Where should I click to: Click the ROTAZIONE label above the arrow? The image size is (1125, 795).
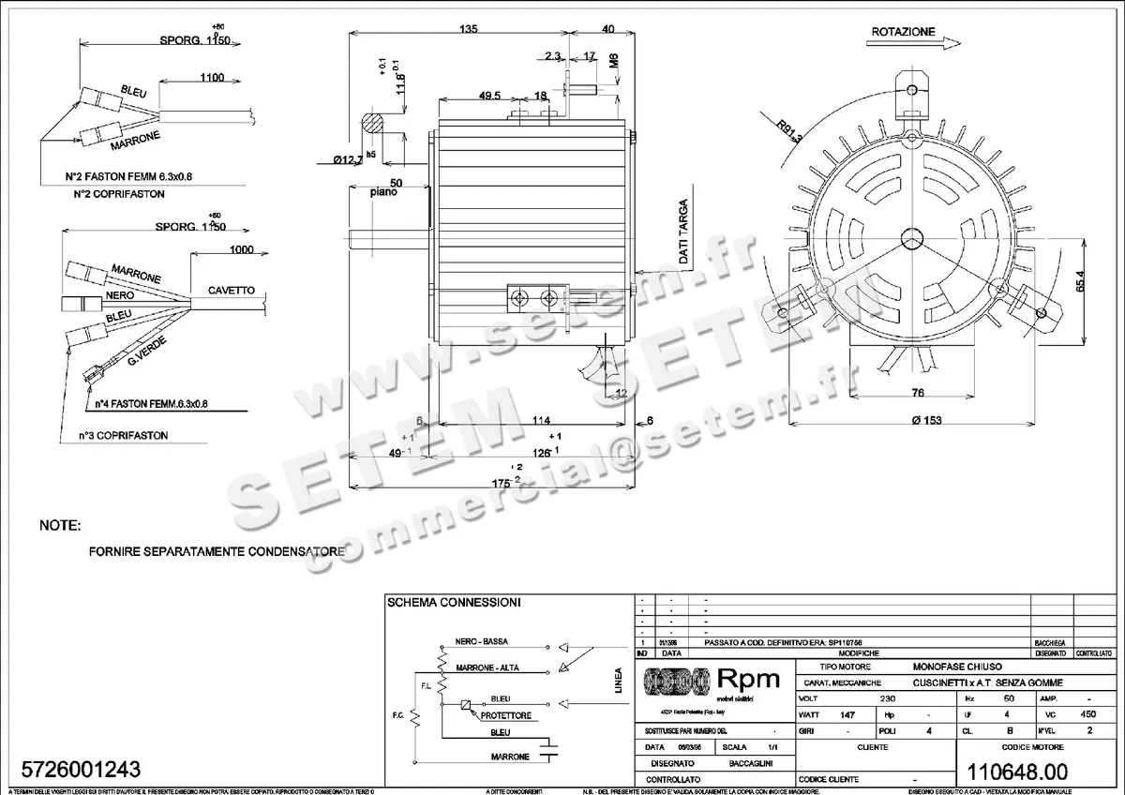pos(903,31)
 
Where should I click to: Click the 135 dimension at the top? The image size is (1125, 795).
pos(468,29)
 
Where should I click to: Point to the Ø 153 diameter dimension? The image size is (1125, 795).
pos(926,420)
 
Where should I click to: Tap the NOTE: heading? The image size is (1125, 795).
pos(60,526)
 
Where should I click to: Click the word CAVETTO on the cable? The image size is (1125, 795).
pos(231,291)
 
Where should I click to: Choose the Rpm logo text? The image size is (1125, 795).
pos(747,678)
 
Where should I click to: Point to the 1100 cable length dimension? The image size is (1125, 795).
pos(211,78)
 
